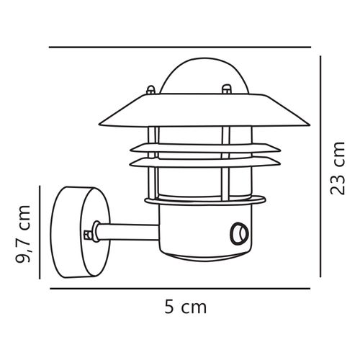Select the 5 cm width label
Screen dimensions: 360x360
[x=183, y=307]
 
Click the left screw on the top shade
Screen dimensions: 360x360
[x=151, y=91]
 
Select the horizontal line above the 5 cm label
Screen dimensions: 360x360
[x=183, y=287]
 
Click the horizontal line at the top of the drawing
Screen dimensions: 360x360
[x=183, y=48]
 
